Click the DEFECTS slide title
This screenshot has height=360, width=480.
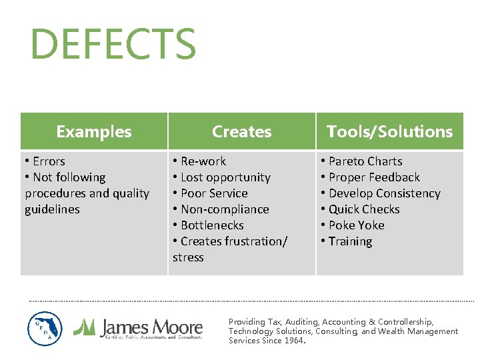click(113, 45)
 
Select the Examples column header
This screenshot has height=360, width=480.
click(94, 132)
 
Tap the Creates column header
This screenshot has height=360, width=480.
click(241, 132)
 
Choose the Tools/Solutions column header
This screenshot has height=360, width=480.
click(389, 132)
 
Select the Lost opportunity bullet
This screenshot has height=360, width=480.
click(221, 177)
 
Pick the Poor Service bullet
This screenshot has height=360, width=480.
click(210, 193)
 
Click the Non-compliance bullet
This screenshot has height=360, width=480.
click(221, 209)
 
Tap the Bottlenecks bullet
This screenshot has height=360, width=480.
click(208, 225)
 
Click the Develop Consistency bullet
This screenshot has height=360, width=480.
click(381, 193)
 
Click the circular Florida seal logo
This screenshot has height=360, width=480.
click(45, 329)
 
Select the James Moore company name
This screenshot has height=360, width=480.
click(151, 327)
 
